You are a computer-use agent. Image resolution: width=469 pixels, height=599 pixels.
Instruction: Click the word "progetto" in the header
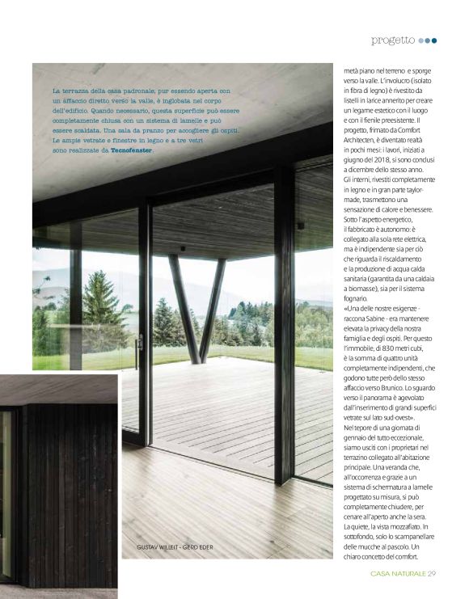pos(393,40)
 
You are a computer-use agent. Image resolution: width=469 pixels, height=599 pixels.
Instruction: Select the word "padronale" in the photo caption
pos(151,91)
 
